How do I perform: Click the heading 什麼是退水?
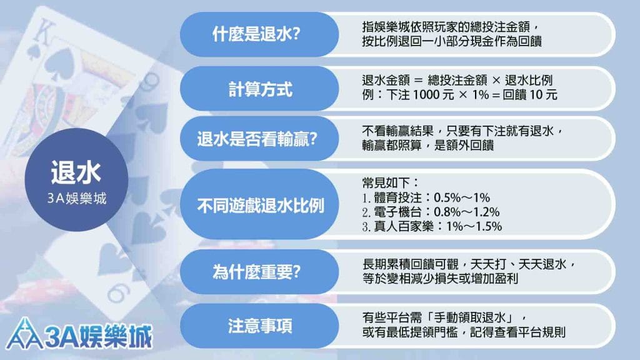pos(256,34)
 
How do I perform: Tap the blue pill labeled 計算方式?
pos(259,89)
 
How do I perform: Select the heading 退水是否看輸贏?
pos(257,139)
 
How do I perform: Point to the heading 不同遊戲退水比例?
pos(261,205)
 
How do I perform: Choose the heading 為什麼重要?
pos(256,271)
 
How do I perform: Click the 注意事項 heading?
pos(260,326)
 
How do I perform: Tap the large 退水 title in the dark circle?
pos(76,172)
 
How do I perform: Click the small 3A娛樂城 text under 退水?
pos(77,198)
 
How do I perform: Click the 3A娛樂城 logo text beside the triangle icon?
pos(98,336)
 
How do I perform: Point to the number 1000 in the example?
pos(426,95)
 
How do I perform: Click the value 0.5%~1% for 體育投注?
pos(462,197)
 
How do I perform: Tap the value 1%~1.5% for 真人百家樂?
pos(474,226)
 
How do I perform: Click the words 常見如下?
pos(386,182)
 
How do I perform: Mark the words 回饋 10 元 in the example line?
pos(530,95)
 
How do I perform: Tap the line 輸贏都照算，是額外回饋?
pos(428,145)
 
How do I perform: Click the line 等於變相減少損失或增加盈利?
pos(440,279)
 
